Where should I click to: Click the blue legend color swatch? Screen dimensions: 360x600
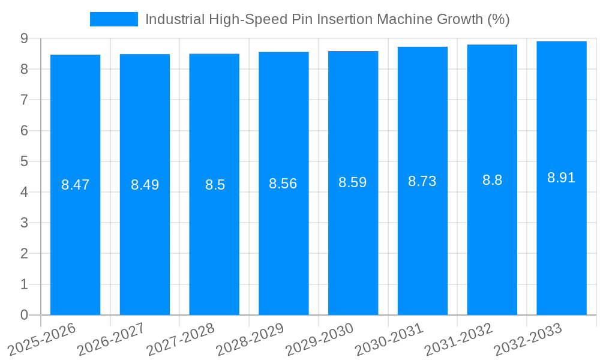point(113,19)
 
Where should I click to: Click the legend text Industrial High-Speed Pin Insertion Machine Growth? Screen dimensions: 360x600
point(327,19)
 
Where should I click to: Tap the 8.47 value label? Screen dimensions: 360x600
point(75,185)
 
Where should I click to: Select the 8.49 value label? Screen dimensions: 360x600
point(145,185)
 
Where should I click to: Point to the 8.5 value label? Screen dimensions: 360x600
point(215,185)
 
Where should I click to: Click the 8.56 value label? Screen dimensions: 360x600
point(283,184)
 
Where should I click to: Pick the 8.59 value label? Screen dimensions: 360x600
point(353,182)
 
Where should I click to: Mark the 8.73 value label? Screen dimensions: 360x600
point(422,181)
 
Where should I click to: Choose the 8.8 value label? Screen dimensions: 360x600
point(492,180)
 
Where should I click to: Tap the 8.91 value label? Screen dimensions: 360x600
point(562,178)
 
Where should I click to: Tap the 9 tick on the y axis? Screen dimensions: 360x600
point(24,38)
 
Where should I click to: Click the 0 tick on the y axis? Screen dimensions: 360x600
point(24,315)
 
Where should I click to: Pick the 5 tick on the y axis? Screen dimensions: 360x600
point(24,161)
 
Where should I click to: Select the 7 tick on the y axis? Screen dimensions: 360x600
point(24,100)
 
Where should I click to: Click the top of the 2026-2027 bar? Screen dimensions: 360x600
point(145,55)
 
